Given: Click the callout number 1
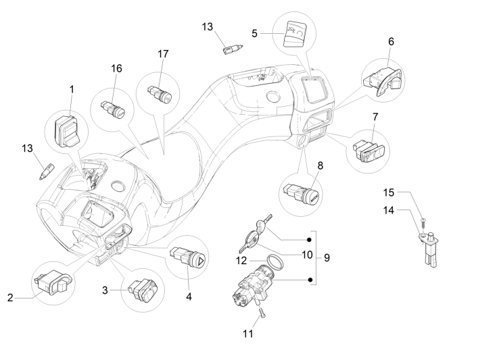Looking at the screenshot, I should [x=72, y=88].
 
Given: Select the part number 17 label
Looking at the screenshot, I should [x=162, y=53].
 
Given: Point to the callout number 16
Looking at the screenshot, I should [x=117, y=68].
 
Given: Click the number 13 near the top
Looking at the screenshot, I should [x=208, y=26].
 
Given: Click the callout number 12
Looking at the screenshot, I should [x=242, y=260].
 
